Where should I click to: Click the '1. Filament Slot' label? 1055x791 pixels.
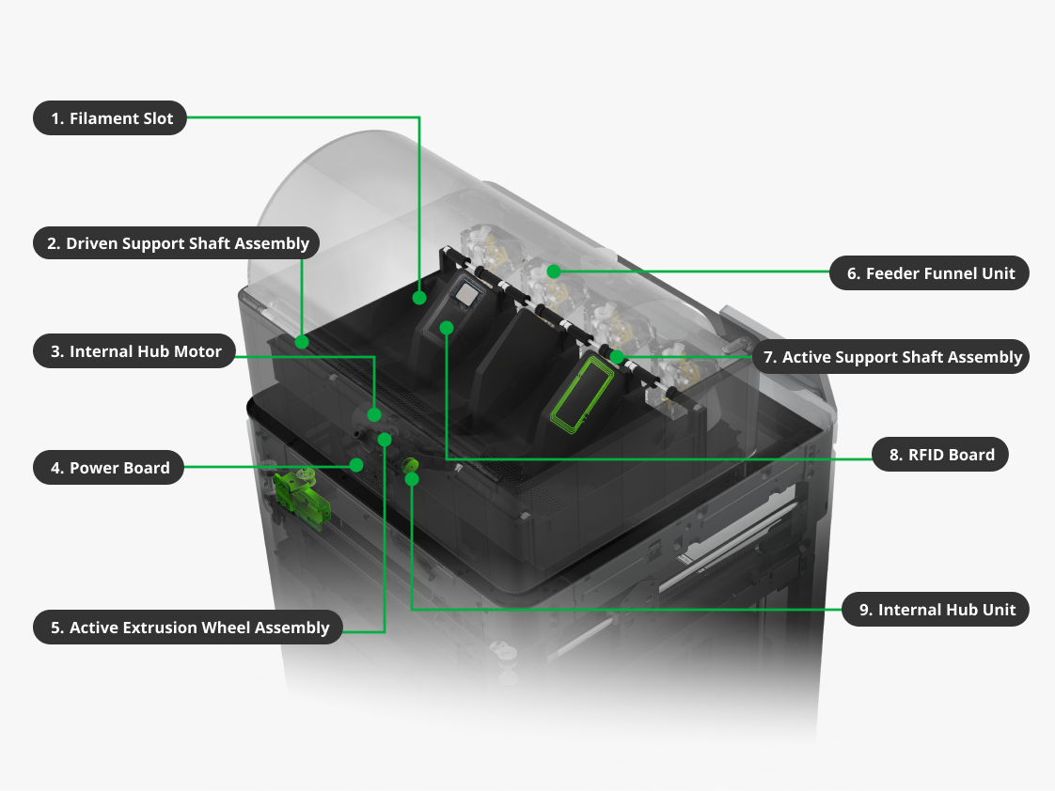[110, 118]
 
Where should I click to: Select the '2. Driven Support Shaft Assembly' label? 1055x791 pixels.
[176, 243]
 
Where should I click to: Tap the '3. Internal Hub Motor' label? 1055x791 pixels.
[134, 351]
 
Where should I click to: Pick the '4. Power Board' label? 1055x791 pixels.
[108, 468]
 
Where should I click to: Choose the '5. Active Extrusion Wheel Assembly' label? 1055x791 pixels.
[188, 628]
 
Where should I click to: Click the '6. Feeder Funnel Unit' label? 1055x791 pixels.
[929, 273]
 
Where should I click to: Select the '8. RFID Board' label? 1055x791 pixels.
[940, 455]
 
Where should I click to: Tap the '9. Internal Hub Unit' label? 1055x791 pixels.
[936, 610]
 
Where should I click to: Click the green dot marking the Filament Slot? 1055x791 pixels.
[419, 298]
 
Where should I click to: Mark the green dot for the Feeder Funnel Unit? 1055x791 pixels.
[553, 271]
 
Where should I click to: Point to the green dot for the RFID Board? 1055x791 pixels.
[446, 327]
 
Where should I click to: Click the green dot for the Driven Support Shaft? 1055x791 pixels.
[302, 342]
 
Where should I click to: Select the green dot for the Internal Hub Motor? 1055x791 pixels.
[374, 414]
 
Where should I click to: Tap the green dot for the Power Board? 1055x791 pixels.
[356, 464]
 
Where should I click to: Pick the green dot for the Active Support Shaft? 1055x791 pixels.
[616, 357]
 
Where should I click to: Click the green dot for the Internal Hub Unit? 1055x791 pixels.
[412, 478]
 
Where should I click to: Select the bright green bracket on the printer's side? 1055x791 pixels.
[302, 497]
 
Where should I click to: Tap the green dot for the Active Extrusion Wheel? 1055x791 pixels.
[385, 440]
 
